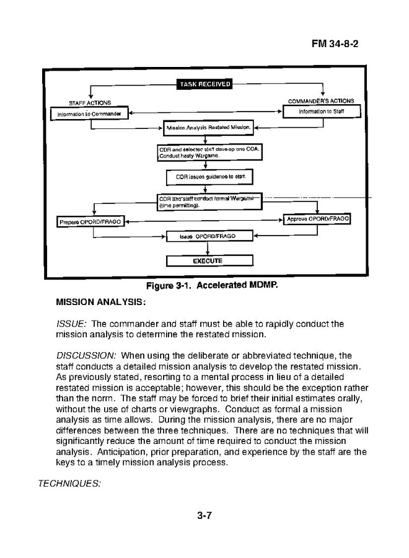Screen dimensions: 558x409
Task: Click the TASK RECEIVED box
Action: (x=205, y=84)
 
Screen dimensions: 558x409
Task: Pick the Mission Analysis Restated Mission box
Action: (x=208, y=129)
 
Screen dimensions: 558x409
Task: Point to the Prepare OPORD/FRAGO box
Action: (x=90, y=221)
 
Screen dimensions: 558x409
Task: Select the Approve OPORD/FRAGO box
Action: (x=317, y=219)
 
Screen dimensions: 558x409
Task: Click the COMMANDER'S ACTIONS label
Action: (x=321, y=101)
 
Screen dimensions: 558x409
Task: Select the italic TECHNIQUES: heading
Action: (x=69, y=483)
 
